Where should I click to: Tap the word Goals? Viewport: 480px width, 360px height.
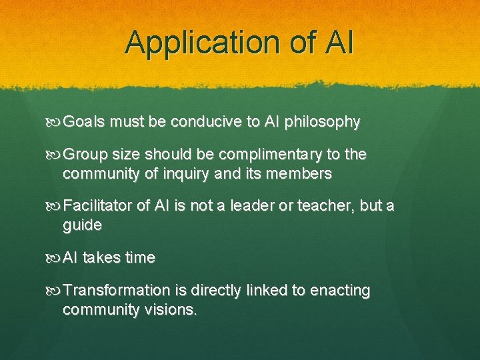coord(85,122)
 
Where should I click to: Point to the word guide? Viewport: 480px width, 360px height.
coord(82,225)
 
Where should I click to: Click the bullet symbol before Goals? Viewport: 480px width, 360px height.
coord(55,123)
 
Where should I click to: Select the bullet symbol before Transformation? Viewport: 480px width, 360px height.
coord(55,291)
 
